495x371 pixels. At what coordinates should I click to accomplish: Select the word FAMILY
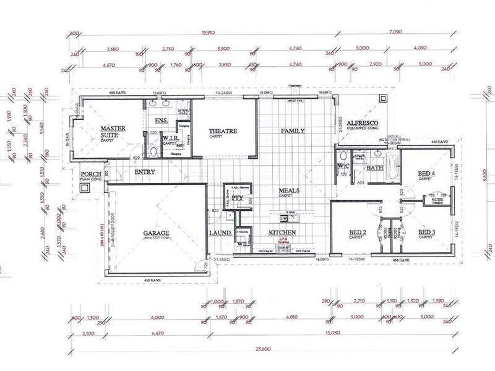click(x=293, y=131)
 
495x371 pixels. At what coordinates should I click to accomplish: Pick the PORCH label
click(x=90, y=174)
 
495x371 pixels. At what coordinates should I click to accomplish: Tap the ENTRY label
click(x=144, y=172)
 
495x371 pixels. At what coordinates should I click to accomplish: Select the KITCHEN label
click(x=282, y=232)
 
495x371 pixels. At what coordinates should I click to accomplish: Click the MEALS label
click(x=290, y=190)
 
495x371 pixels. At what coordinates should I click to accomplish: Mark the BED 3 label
click(x=427, y=232)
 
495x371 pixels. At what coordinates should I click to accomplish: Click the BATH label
click(x=375, y=168)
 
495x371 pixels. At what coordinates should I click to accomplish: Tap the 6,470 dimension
click(x=157, y=334)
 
